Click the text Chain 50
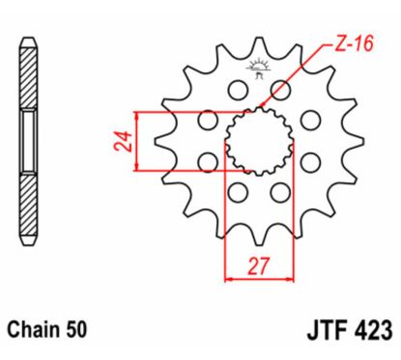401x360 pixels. [47, 329]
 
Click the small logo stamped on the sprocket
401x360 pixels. [257, 69]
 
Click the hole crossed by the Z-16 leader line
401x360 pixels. [281, 91]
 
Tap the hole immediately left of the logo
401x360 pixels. [234, 91]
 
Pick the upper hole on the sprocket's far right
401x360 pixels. [310, 120]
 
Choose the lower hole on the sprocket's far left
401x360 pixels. [205, 161]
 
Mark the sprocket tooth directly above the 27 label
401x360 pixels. [257, 236]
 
